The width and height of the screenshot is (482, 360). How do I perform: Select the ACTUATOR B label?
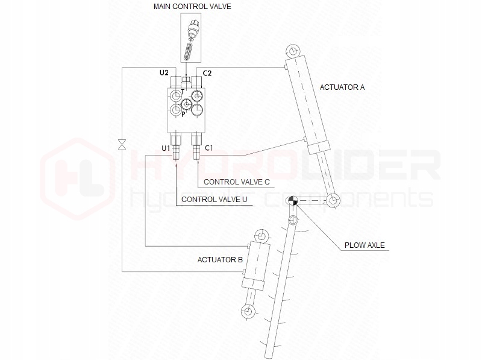(220, 260)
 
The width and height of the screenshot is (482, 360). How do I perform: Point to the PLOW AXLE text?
(365, 245)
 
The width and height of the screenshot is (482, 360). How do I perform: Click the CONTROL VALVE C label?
(237, 181)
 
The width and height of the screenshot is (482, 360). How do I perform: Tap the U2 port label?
(164, 73)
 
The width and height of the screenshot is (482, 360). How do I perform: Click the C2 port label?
(207, 73)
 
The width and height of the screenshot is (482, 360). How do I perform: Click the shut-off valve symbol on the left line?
(122, 144)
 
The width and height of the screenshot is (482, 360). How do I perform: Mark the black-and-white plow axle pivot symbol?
(292, 201)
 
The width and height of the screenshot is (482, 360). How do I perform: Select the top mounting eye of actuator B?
(260, 235)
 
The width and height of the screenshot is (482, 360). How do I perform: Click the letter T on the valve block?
(183, 91)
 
